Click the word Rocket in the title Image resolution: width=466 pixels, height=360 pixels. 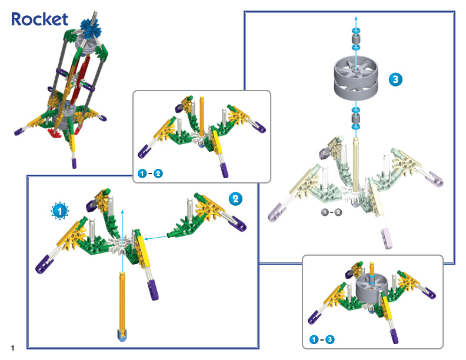pyautogui.click(x=39, y=19)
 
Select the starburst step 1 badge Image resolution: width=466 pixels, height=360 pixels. pyautogui.click(x=59, y=210)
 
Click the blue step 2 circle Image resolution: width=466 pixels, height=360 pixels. pyautogui.click(x=235, y=199)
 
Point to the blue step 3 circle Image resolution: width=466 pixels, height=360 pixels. pyautogui.click(x=395, y=79)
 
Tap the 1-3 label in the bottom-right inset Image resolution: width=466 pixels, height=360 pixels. pyautogui.click(x=321, y=339)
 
